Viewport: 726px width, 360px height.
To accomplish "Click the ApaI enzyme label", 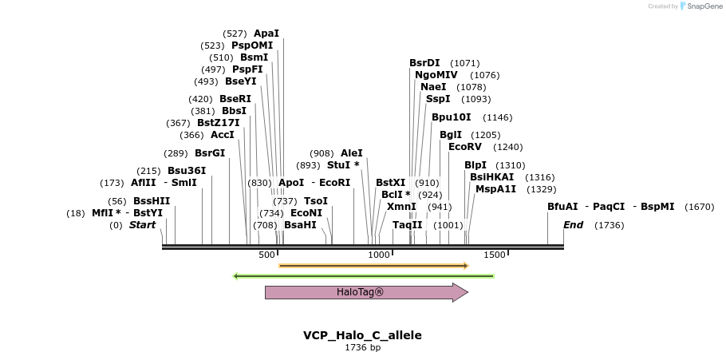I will pos(266,34).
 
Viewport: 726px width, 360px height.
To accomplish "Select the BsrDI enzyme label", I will pos(424,63).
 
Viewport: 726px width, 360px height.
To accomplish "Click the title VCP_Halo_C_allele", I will pos(362,335).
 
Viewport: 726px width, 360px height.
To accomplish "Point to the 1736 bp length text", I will pos(362,348).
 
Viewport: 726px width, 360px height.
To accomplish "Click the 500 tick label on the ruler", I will pos(266,255).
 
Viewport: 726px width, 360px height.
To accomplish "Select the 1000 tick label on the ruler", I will pos(379,255).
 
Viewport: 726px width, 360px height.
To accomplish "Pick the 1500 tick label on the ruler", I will pos(495,255).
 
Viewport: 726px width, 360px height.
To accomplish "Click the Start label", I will pos(142,225).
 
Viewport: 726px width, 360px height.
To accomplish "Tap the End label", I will pos(573,225).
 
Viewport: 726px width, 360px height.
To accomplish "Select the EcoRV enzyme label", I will pos(465,147).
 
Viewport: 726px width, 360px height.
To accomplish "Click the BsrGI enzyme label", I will pos(210,153).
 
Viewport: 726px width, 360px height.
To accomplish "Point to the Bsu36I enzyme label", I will pos(187,171).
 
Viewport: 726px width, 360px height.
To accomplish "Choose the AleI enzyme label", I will pos(352,153).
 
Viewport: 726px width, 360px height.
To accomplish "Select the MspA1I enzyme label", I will pos(495,189).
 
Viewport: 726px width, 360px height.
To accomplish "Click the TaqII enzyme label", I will pos(407,225).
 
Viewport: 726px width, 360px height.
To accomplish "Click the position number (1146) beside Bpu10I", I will pos(498,117).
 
